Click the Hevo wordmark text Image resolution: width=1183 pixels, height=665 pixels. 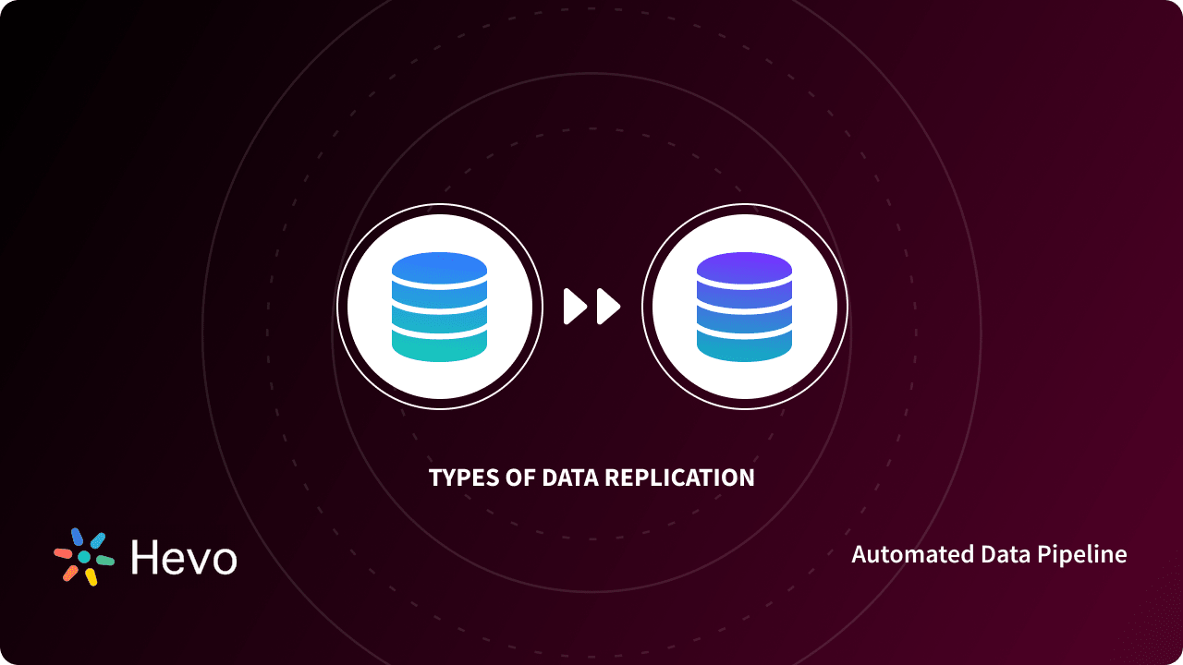[x=184, y=557]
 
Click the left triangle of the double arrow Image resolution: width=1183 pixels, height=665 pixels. [x=575, y=307]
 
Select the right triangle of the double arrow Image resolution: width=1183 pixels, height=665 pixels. [x=607, y=307]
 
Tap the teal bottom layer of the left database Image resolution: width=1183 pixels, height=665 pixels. [x=439, y=345]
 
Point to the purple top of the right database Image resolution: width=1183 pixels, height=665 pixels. [x=744, y=269]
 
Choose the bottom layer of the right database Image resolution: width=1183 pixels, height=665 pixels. [x=744, y=345]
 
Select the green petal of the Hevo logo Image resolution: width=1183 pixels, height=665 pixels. [x=104, y=560]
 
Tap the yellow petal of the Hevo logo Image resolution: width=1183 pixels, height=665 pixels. [x=91, y=576]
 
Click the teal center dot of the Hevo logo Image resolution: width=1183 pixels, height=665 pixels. [x=84, y=557]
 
